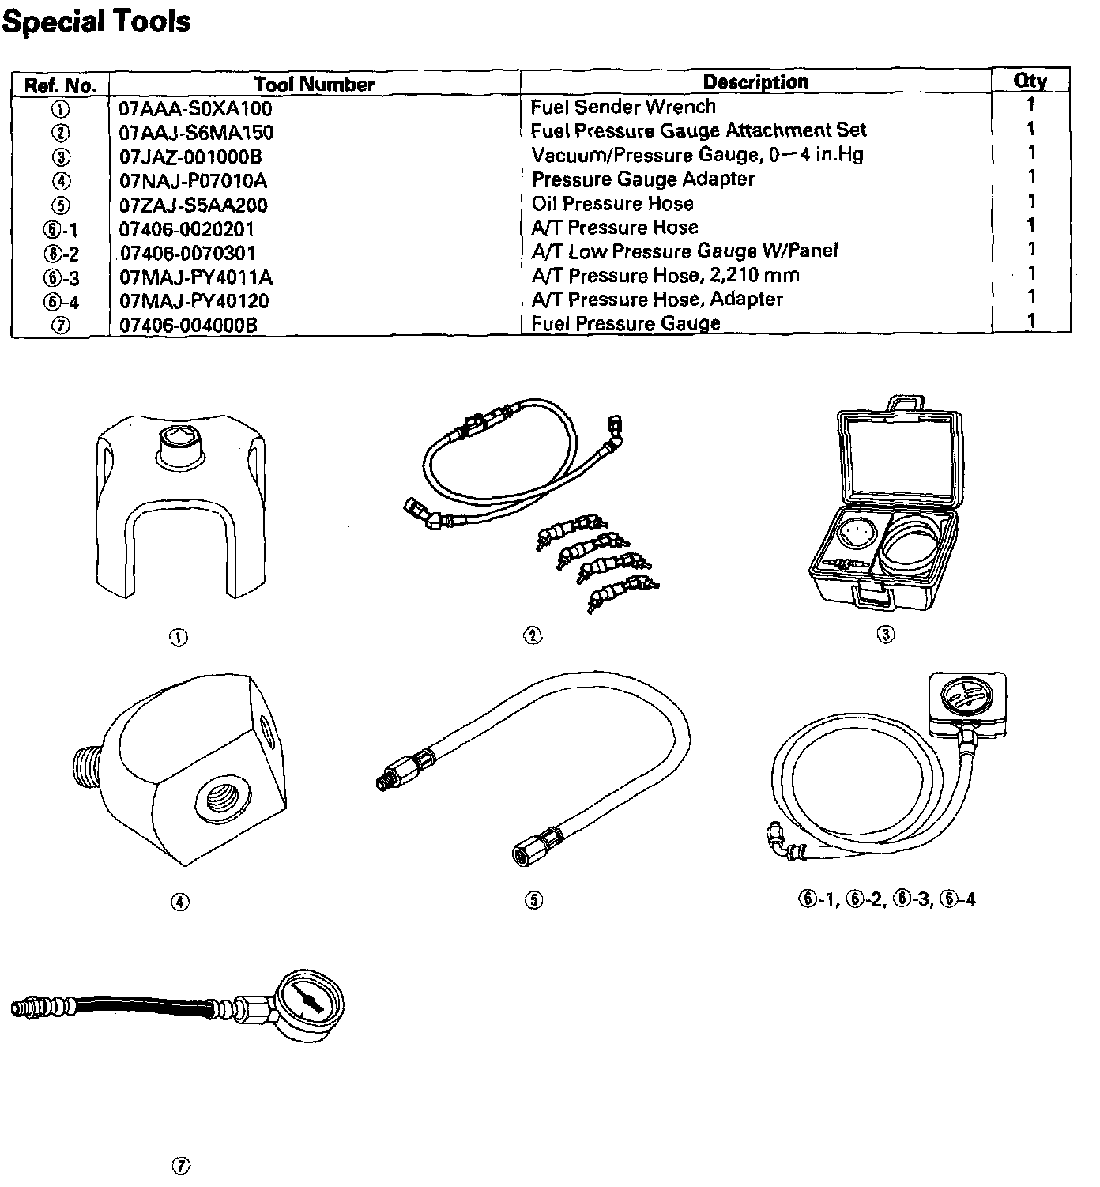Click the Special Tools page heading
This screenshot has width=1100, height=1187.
(x=96, y=21)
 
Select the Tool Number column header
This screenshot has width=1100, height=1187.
(x=314, y=85)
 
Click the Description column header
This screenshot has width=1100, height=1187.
(x=755, y=82)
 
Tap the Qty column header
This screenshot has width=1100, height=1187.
(x=1030, y=81)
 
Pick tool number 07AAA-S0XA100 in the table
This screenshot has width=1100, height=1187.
(x=195, y=108)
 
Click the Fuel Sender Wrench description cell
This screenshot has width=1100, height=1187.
(x=623, y=107)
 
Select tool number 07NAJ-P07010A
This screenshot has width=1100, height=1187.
(x=194, y=181)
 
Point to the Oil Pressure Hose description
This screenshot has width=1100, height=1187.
(x=612, y=204)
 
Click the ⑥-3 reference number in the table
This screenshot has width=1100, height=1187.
(x=60, y=278)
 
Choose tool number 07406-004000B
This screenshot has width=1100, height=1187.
(x=188, y=325)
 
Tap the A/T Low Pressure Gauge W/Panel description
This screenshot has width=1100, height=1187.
(x=684, y=251)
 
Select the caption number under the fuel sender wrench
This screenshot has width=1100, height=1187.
(x=179, y=637)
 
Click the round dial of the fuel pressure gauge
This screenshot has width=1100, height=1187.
(x=308, y=999)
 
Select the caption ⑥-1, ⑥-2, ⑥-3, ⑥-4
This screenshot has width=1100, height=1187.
(x=887, y=899)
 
